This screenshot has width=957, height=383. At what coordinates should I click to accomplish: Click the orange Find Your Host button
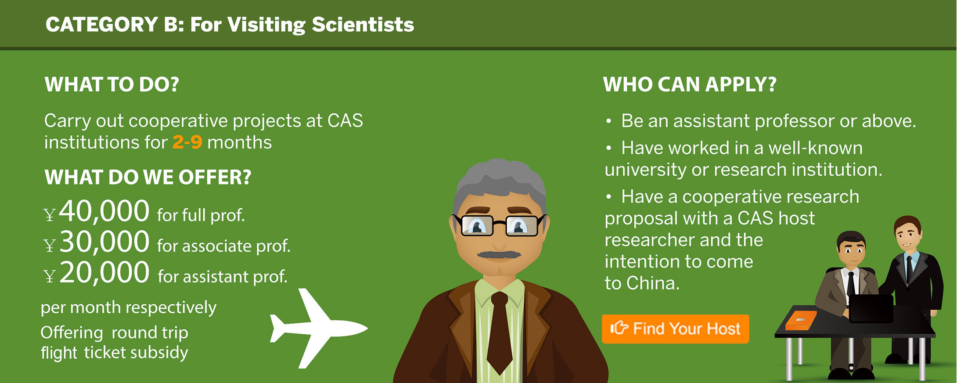(675, 329)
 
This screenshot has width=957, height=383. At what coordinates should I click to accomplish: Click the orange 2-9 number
(187, 142)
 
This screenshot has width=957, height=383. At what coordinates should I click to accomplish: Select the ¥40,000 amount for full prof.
(97, 211)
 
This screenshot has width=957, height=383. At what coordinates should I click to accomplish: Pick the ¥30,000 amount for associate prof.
(97, 242)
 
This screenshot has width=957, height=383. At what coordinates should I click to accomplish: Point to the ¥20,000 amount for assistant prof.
(97, 273)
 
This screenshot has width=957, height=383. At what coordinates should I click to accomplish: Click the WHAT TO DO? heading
(112, 84)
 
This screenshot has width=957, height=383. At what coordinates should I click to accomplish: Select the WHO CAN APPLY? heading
(690, 84)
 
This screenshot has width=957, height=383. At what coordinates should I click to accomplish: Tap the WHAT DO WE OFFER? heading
(148, 177)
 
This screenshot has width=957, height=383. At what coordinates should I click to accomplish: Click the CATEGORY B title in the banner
(230, 25)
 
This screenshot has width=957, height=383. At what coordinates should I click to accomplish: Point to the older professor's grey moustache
(499, 254)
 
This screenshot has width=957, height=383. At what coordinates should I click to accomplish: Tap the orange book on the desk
(801, 320)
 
